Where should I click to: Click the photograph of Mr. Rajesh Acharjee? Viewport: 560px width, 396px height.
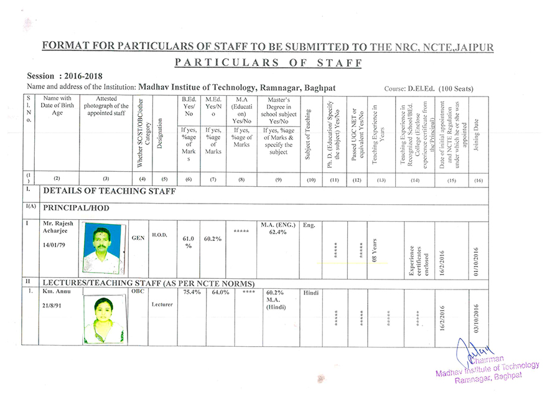104,248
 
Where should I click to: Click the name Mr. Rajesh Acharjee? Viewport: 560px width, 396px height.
58,228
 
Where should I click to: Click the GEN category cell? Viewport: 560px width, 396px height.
139,237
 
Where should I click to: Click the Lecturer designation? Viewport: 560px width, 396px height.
161,304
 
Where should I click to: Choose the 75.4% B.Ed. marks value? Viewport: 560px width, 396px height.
192,292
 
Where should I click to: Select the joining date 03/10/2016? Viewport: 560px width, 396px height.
477,319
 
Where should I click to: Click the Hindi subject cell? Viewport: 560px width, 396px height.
310,292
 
